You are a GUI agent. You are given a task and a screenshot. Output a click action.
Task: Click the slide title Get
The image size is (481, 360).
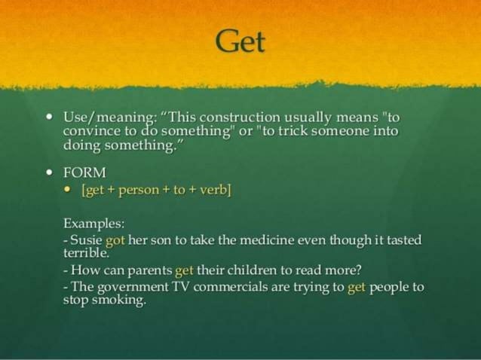[x=240, y=41]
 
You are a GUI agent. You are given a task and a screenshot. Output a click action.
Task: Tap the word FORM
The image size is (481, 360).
[x=84, y=172]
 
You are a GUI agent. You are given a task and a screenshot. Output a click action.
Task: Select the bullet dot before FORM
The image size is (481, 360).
[x=49, y=172]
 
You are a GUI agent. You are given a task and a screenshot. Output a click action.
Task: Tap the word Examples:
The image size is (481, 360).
[x=93, y=224]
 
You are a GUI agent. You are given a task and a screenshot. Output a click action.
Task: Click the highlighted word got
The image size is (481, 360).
[x=115, y=240]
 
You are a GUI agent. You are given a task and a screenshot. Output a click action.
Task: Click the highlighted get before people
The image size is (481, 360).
[x=356, y=287]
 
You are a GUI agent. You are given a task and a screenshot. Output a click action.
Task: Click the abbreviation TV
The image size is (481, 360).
[x=182, y=287]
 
